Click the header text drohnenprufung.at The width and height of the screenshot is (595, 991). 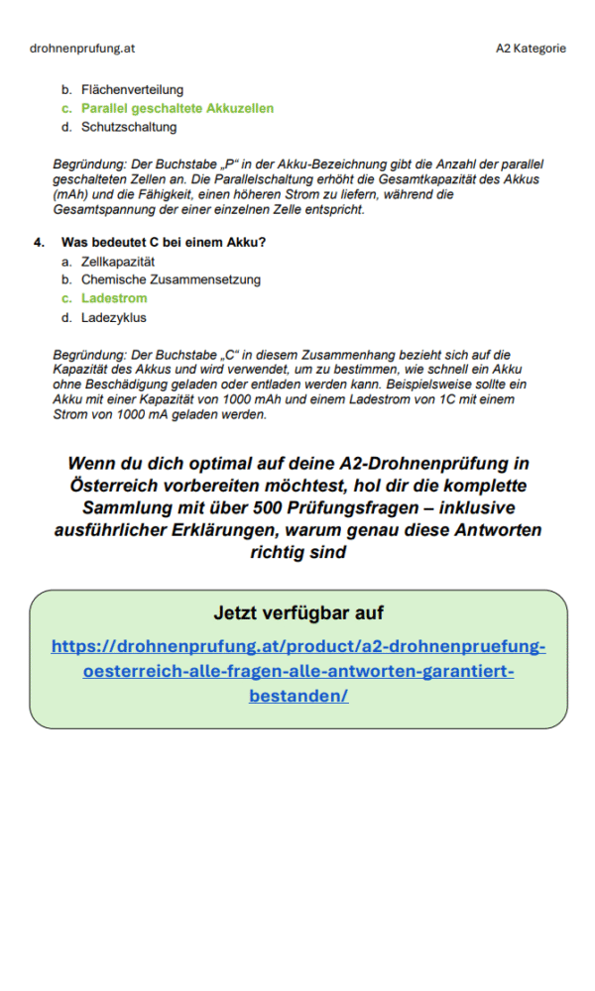pyautogui.click(x=82, y=48)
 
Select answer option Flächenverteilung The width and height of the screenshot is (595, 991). pyautogui.click(x=132, y=89)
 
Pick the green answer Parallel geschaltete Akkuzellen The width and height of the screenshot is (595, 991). pyautogui.click(x=178, y=108)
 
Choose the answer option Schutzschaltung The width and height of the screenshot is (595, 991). pyautogui.click(x=129, y=127)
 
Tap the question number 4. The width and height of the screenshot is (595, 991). pyautogui.click(x=38, y=242)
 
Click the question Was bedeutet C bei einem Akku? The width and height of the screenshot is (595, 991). pyautogui.click(x=164, y=242)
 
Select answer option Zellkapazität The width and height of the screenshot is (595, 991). pyautogui.click(x=118, y=261)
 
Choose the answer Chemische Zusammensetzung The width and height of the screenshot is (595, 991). pyautogui.click(x=171, y=279)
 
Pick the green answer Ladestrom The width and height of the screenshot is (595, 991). pyautogui.click(x=114, y=298)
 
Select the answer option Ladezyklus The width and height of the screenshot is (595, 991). pyautogui.click(x=114, y=317)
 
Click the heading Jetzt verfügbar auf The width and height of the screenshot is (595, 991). pyautogui.click(x=298, y=612)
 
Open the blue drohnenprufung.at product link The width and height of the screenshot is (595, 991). pyautogui.click(x=298, y=671)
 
